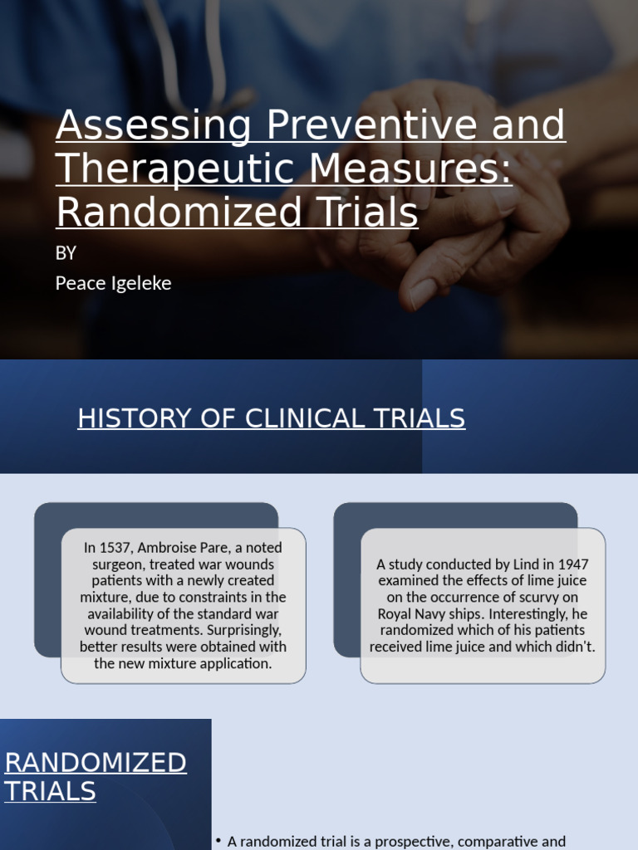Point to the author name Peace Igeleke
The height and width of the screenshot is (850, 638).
point(113,283)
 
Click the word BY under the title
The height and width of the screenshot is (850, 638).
point(66,253)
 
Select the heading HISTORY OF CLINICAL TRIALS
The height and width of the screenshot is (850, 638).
point(271,418)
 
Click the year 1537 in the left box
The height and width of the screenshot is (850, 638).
point(115,548)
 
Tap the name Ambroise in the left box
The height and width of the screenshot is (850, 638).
point(170,548)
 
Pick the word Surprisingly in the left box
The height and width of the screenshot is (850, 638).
point(241,630)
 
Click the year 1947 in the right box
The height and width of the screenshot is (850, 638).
point(572,564)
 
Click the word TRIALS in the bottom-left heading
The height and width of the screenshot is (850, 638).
point(50,791)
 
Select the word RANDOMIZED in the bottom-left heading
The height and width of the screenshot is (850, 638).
point(96,762)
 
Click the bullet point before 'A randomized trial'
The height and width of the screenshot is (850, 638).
point(218,841)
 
